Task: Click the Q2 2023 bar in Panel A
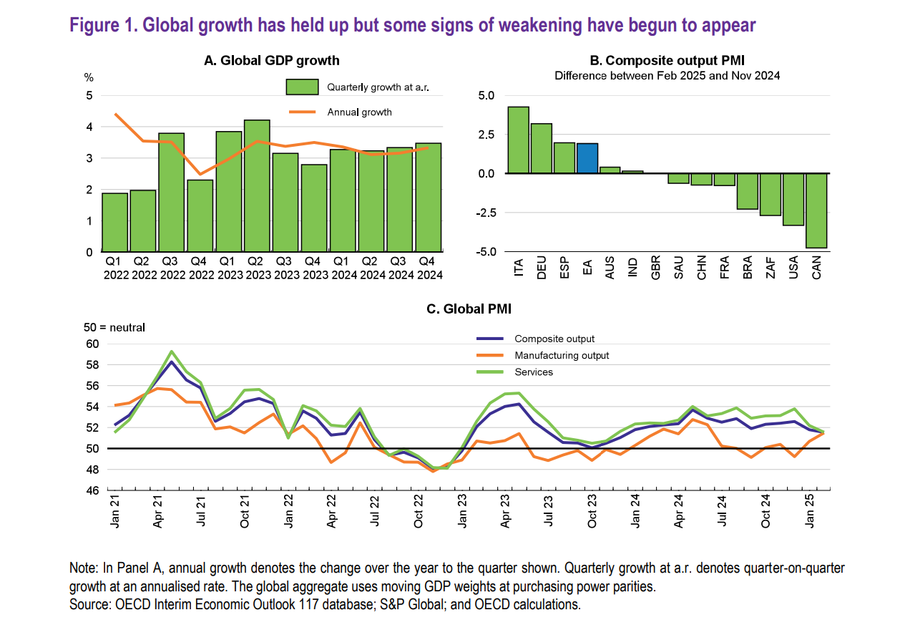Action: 257,186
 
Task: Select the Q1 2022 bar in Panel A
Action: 114,223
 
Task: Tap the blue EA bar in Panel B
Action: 587,158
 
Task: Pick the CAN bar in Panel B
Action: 816,210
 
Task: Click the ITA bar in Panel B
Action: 518,140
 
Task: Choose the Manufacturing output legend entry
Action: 562,355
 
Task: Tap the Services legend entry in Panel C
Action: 534,372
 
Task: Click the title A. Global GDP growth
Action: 272,62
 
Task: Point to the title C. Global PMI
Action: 469,309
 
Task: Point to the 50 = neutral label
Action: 115,327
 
